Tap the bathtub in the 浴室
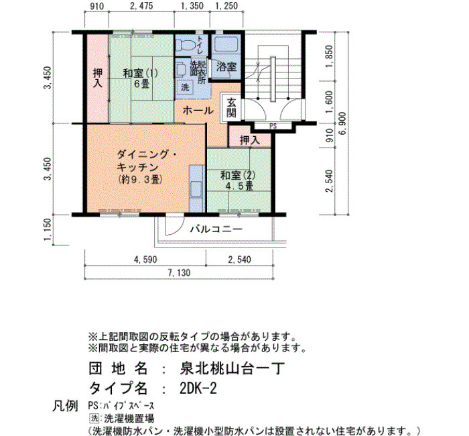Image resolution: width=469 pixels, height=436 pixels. (226, 44)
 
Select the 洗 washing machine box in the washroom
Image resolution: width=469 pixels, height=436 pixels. (185, 88)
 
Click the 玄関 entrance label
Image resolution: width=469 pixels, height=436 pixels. (231, 108)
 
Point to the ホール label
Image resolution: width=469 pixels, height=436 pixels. (198, 111)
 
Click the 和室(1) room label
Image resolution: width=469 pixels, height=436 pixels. (141, 73)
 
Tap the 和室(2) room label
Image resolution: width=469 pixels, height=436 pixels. (238, 175)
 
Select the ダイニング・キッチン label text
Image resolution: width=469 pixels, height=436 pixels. (147, 160)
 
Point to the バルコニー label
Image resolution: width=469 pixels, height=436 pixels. (216, 229)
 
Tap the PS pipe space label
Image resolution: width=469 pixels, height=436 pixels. (273, 126)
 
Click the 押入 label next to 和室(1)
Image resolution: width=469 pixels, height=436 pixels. (98, 78)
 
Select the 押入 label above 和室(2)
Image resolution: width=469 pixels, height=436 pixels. (250, 140)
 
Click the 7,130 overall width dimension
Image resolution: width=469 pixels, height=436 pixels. (179, 273)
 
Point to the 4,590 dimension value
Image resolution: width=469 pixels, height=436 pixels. (145, 260)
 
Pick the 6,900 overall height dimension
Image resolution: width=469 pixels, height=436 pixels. (343, 123)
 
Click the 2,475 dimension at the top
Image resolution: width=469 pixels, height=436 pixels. (141, 5)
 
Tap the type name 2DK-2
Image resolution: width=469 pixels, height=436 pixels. (198, 388)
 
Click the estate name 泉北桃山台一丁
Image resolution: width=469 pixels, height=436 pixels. (232, 368)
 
